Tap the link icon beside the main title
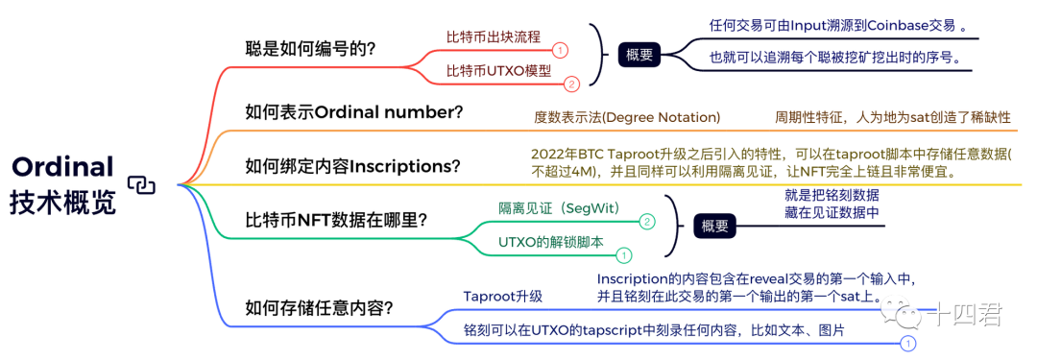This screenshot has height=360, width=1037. pos(141,185)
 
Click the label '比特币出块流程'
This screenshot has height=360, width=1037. pos(493,37)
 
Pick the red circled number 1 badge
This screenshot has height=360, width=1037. pos(560,50)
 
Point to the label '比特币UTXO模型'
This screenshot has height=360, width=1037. pos(498,71)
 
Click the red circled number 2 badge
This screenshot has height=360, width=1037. pos(571,84)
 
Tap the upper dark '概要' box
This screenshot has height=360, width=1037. pos(639,55)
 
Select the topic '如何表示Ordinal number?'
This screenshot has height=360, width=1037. pos(353,111)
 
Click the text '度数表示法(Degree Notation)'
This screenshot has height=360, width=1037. pos(627,118)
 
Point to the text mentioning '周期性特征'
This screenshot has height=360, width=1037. pos(893,118)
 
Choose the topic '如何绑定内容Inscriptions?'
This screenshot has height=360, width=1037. pos(352,165)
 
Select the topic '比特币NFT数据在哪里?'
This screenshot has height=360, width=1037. pos(335,219)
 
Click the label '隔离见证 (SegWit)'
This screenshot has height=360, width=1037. pos(559,208)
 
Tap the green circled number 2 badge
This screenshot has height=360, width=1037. pos(647,222)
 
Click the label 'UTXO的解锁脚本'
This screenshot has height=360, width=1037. pos(551,242)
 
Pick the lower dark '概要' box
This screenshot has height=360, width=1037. pos(714,227)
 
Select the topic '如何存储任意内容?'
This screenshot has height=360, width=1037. pos(319,307)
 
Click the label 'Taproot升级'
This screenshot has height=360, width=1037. pos(502,296)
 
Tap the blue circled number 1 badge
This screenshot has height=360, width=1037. pos(908,343)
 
